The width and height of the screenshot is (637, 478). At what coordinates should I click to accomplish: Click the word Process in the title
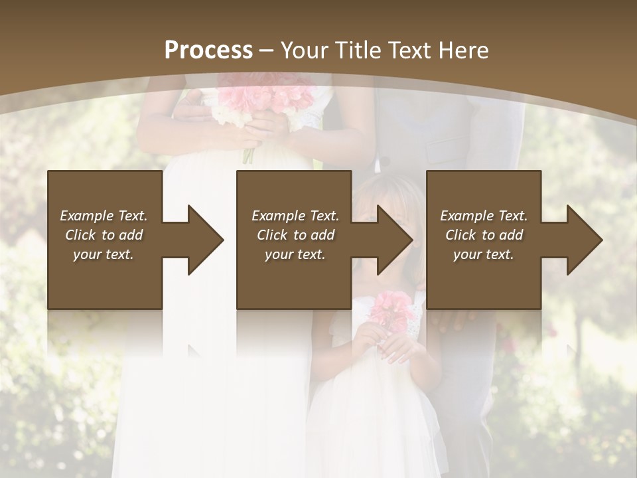click(208, 50)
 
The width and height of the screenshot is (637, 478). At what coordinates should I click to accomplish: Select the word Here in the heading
click(464, 50)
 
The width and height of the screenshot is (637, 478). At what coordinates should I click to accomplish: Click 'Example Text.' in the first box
click(104, 216)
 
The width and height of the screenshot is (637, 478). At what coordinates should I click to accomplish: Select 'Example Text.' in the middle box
click(295, 216)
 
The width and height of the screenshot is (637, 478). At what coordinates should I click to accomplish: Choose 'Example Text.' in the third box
click(484, 216)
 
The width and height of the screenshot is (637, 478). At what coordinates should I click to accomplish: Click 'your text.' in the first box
click(104, 254)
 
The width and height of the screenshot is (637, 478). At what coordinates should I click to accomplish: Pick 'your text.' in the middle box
click(295, 254)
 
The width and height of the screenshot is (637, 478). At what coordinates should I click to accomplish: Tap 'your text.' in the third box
click(484, 254)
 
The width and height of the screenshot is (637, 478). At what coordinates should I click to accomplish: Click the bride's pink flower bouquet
click(265, 103)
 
